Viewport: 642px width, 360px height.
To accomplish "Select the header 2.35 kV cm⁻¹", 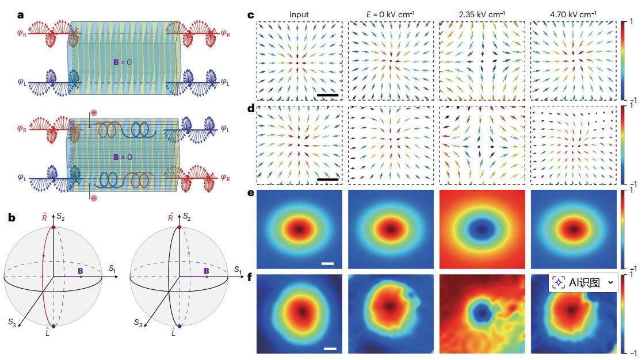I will coord(479,14).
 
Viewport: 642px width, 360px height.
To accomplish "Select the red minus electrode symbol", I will coord(93,198).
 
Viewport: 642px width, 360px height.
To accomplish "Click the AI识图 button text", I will coord(583,282).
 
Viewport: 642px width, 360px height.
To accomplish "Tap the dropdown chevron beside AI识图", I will coord(610,282).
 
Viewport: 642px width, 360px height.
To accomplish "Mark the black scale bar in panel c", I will coord(326,94).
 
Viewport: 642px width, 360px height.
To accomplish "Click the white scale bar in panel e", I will coord(328,264).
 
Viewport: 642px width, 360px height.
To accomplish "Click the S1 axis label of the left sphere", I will coord(113,269).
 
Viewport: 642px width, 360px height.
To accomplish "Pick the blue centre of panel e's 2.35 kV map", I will coord(480,228).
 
